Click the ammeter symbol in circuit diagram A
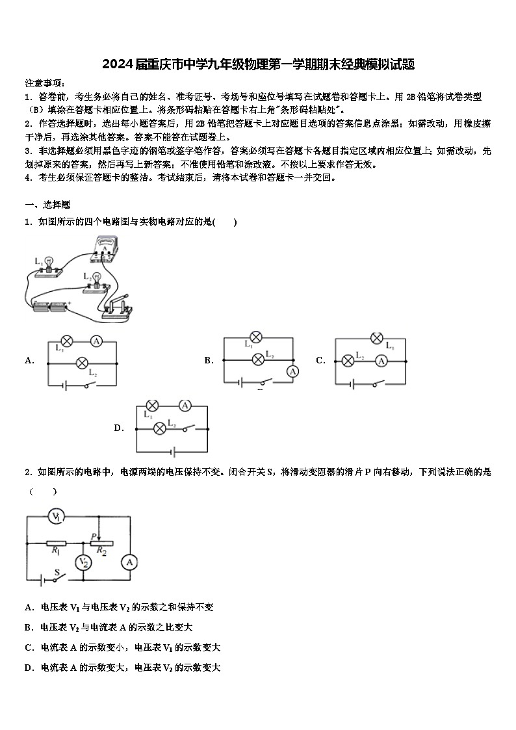(x=96, y=340)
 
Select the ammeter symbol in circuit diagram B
(x=293, y=371)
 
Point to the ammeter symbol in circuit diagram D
(x=185, y=406)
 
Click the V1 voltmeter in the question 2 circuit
(x=57, y=517)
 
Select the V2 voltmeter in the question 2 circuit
(x=83, y=562)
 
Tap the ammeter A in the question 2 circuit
(x=130, y=562)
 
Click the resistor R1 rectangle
(x=57, y=542)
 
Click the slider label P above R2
(x=94, y=536)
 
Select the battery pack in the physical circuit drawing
(x=49, y=304)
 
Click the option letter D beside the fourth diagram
(x=119, y=428)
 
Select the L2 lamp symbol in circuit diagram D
(x=160, y=428)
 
